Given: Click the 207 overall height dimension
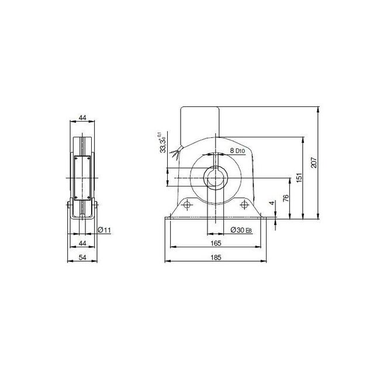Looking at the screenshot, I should click(x=314, y=164).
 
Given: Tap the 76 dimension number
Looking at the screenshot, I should click(x=285, y=198).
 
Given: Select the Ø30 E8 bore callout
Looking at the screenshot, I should click(x=240, y=230).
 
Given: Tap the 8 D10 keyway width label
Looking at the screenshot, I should click(x=237, y=150).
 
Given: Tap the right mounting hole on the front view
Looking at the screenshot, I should click(x=243, y=205).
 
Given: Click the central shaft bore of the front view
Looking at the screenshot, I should click(x=215, y=177).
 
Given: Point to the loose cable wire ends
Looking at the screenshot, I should click(x=174, y=153).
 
